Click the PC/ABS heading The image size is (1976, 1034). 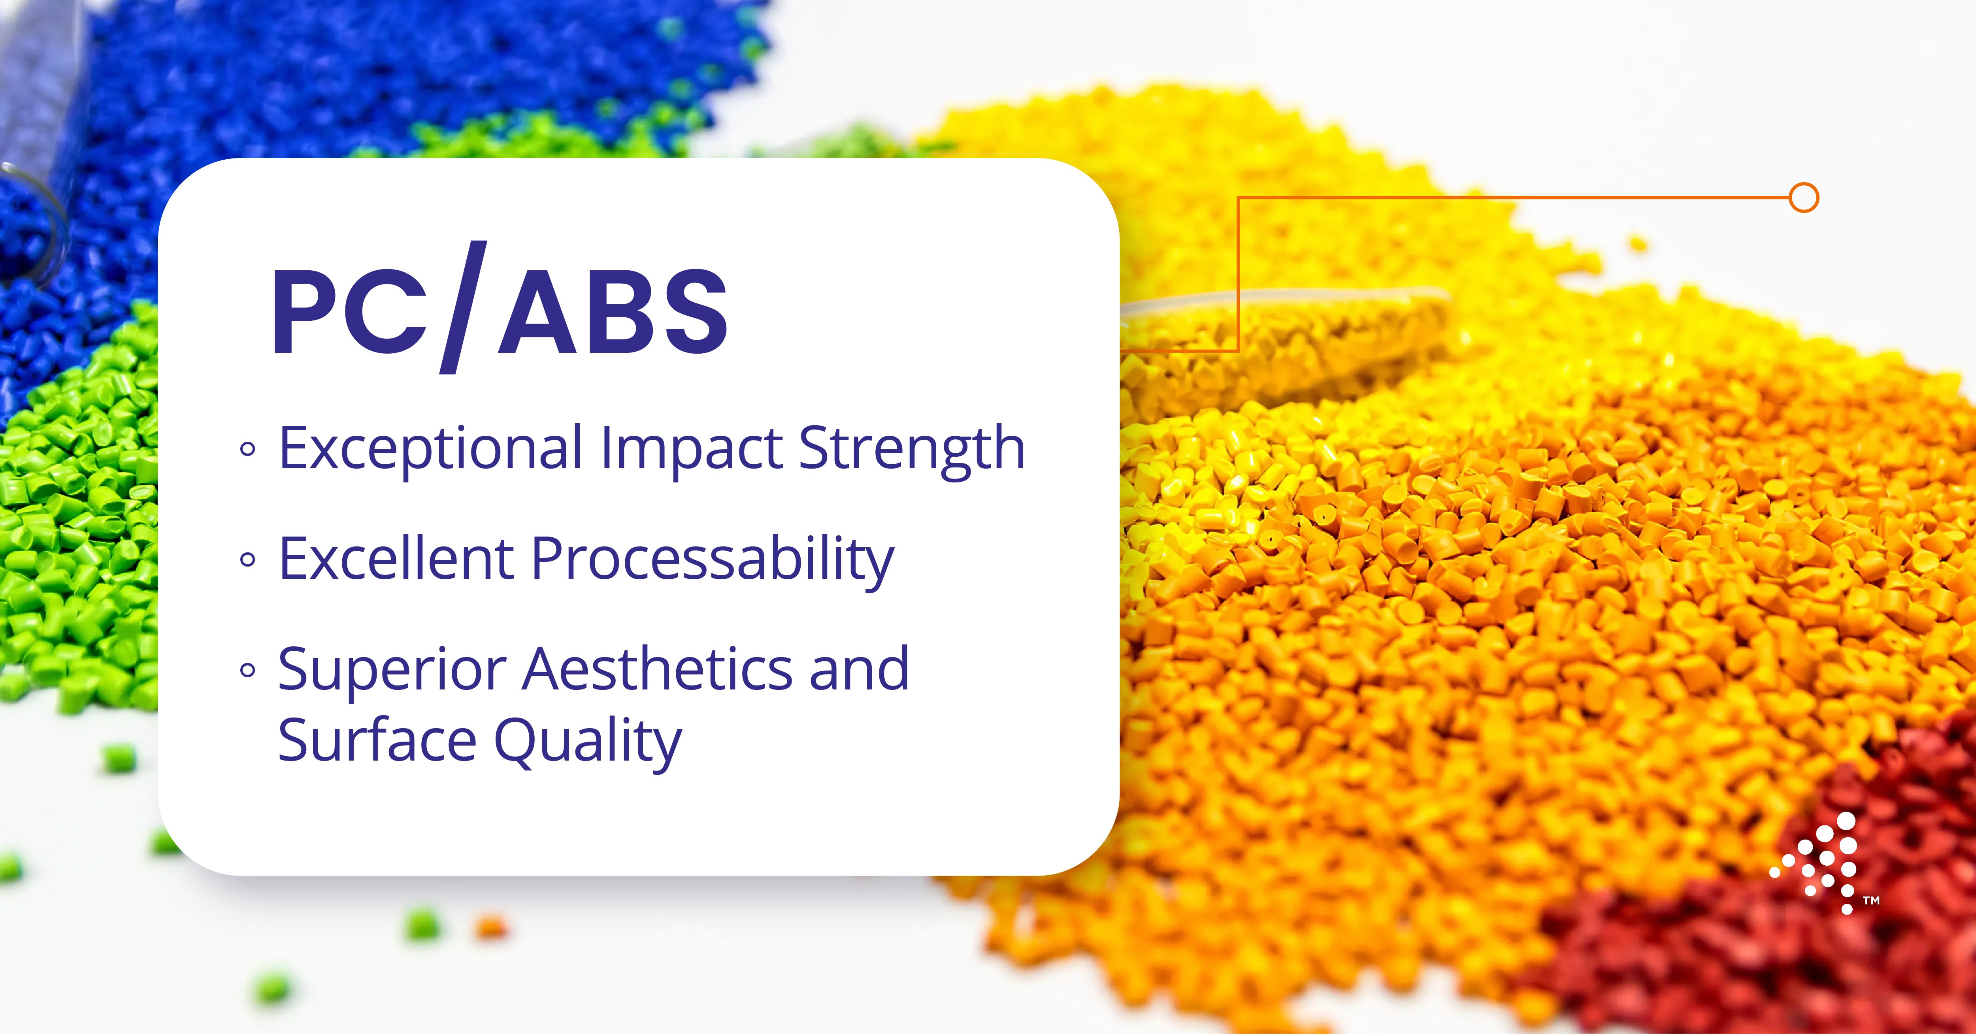(x=500, y=308)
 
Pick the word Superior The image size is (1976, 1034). (x=391, y=671)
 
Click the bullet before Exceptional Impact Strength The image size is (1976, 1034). (x=247, y=450)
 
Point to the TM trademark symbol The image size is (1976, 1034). (x=1872, y=900)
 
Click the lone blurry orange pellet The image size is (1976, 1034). (x=491, y=927)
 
